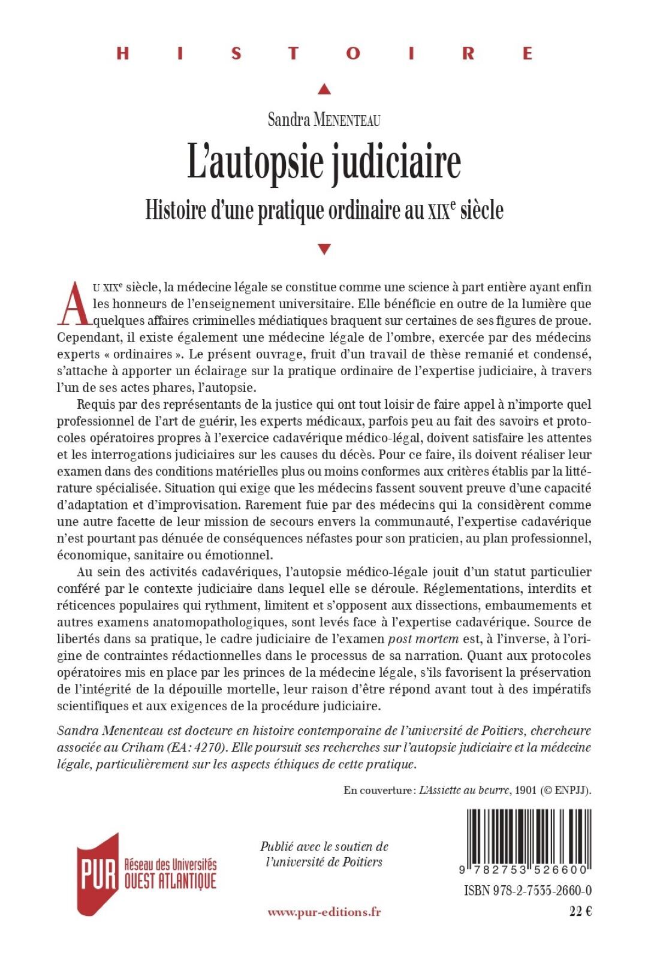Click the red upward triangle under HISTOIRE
tap(324, 89)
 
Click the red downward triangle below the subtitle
tap(324, 249)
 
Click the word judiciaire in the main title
tap(396, 163)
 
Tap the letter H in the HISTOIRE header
tap(122, 53)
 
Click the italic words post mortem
tap(423, 639)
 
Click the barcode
tap(528, 837)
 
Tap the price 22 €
tap(580, 912)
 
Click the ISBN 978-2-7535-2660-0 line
tap(528, 890)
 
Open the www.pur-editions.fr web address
tap(324, 912)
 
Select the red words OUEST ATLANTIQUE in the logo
tap(170, 882)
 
